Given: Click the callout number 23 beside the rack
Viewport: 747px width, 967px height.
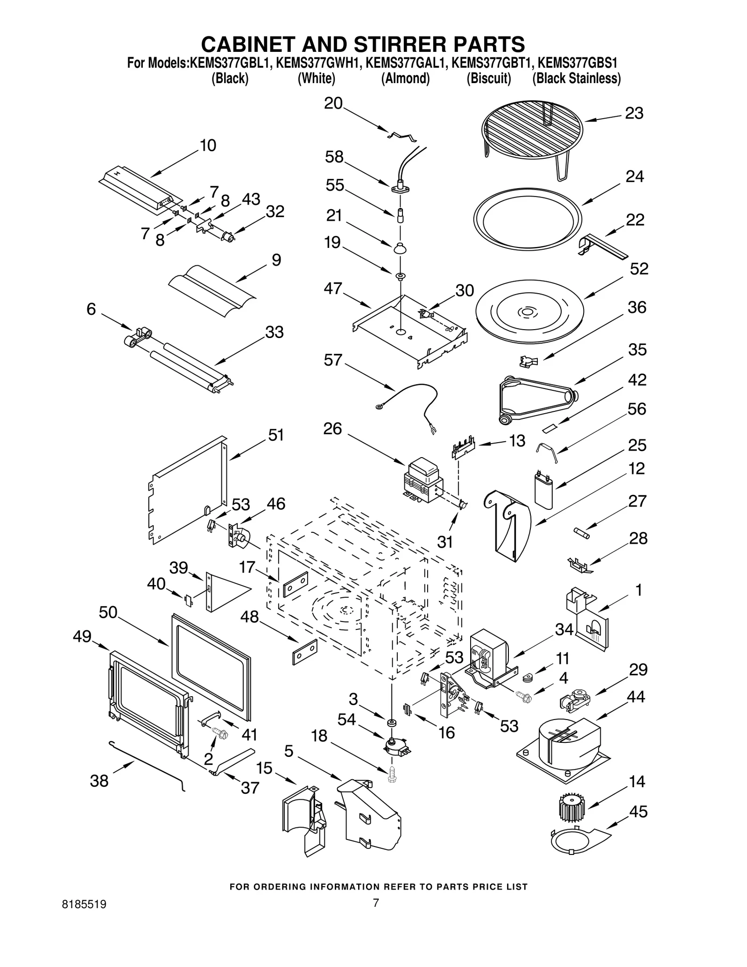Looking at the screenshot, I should pyautogui.click(x=634, y=113).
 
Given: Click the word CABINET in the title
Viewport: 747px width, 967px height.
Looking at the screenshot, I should pyautogui.click(x=247, y=44).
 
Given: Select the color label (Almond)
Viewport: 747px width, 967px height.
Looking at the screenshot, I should pyautogui.click(x=405, y=78).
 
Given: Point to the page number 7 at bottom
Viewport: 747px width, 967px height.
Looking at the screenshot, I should pyautogui.click(x=375, y=916).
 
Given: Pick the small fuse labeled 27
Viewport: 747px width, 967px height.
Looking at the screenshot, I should pyautogui.click(x=581, y=533).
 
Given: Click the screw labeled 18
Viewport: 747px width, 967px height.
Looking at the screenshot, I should pyautogui.click(x=392, y=776).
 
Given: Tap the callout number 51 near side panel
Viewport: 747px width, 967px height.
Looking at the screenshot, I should pyautogui.click(x=276, y=435).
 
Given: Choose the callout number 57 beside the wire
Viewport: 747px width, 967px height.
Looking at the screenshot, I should pyautogui.click(x=333, y=360).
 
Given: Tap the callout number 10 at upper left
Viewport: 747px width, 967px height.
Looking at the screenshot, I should pyautogui.click(x=208, y=146).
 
